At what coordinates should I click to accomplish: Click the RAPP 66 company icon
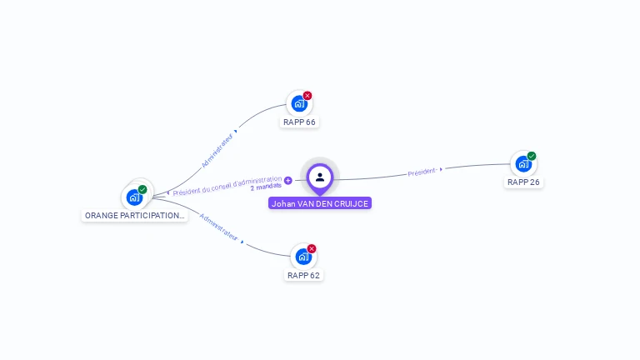click(297, 104)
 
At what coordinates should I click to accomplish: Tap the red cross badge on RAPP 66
click(307, 96)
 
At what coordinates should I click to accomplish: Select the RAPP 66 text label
click(299, 122)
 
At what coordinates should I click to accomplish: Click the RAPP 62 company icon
click(302, 257)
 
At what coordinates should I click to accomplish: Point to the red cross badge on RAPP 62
click(312, 248)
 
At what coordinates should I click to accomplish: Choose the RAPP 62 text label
click(303, 275)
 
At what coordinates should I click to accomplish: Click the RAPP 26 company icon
click(522, 164)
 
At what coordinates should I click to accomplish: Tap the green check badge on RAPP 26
click(532, 156)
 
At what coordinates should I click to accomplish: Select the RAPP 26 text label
click(523, 182)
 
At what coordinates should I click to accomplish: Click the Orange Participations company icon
click(133, 197)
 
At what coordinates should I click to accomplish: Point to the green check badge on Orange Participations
click(142, 190)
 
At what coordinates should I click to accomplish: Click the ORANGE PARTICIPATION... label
click(134, 215)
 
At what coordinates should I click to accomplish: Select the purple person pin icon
click(320, 177)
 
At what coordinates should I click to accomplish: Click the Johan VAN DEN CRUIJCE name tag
click(320, 203)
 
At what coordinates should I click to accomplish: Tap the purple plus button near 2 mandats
click(288, 180)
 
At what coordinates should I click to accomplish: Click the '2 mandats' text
click(266, 187)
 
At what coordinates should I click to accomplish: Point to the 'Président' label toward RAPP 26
click(422, 172)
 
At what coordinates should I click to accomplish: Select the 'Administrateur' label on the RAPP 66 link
click(217, 150)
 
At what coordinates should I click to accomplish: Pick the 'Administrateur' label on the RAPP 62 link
click(219, 232)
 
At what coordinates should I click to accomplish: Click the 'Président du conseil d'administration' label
click(227, 185)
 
